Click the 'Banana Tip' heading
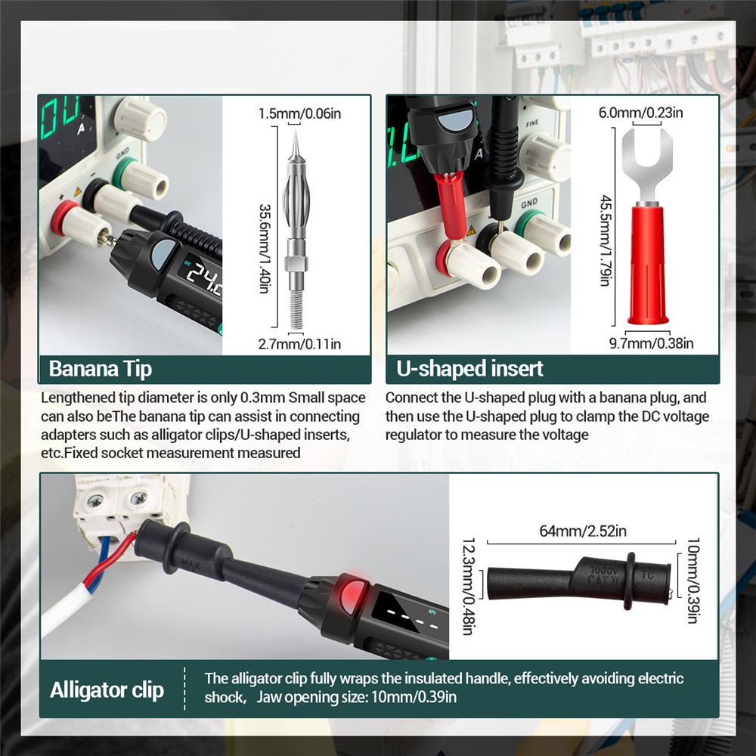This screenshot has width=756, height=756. coord(101,369)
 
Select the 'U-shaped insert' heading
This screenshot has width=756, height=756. coord(469,369)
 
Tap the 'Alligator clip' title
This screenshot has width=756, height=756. coord(107,690)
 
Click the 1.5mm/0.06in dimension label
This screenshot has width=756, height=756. coord(299,114)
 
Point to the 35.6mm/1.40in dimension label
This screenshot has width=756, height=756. coord(265,249)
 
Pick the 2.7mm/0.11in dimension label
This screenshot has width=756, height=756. coord(299,344)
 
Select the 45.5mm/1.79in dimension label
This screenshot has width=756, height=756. coord(606,240)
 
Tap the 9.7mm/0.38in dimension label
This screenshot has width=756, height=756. coord(652,343)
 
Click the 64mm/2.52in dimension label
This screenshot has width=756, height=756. coord(583,531)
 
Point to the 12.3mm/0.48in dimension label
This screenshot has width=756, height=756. coord(469,587)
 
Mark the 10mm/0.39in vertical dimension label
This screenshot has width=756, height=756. coord(692,581)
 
